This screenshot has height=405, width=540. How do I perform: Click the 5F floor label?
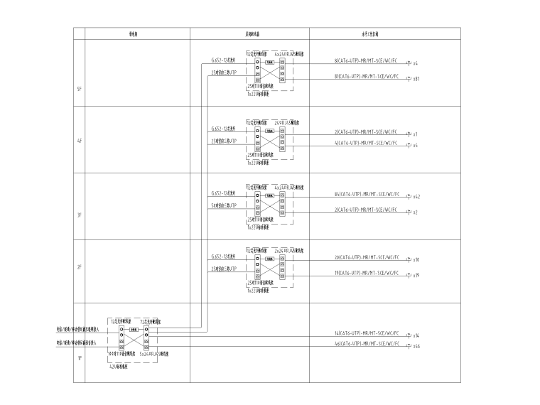coord(79,89)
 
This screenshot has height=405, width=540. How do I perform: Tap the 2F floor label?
coord(79,267)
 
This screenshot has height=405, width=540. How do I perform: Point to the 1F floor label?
coord(79,358)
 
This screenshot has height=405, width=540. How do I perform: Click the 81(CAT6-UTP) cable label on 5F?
coord(366,76)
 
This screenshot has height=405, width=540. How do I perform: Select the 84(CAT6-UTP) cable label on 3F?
coord(366,193)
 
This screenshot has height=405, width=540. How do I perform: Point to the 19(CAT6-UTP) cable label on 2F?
coord(366,272)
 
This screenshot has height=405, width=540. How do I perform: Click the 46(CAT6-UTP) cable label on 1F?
coord(366,343)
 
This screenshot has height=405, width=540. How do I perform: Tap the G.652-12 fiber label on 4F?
coord(223,129)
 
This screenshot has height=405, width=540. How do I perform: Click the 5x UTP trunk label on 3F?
coord(223,205)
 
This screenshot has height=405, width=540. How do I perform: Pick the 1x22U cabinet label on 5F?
coord(257,94)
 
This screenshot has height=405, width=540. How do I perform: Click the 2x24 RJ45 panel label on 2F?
coord(290,250)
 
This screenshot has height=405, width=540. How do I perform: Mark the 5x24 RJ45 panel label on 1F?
coord(153,354)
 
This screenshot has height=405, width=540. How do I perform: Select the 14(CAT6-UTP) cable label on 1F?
coord(366,333)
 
